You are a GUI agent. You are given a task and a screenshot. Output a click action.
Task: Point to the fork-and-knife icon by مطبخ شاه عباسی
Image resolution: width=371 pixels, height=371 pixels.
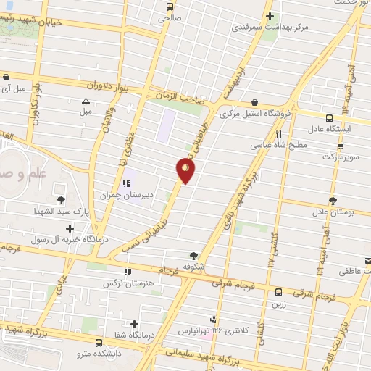tap(279, 134)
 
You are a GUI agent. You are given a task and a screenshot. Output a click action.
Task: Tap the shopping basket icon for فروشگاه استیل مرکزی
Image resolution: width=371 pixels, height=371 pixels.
tap(254, 103)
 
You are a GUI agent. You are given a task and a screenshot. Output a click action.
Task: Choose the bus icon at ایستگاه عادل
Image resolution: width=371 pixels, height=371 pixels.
tap(330, 119)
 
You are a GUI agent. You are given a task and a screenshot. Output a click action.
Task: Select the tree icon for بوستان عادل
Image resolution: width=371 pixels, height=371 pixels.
tap(333, 200)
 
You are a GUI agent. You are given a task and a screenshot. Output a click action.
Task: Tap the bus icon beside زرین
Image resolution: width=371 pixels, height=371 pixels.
tap(279, 292)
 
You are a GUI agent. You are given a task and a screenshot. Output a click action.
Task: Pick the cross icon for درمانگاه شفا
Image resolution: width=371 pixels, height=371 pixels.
tap(135, 324)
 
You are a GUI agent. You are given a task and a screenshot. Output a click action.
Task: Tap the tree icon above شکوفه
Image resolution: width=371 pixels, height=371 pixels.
tap(193, 255)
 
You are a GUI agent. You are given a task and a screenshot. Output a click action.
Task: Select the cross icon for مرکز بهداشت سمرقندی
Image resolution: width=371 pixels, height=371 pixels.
tap(270, 16)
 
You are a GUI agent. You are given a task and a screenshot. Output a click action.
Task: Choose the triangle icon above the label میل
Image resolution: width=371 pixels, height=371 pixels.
tap(86, 101)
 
